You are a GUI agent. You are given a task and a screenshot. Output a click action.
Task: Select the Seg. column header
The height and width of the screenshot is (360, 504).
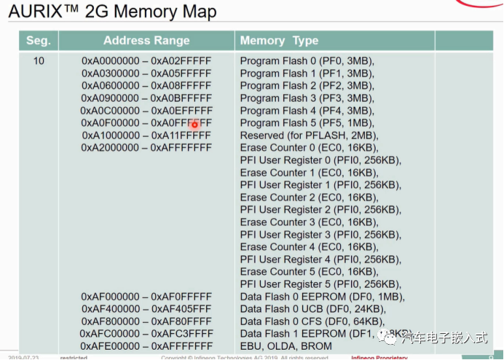(x=39, y=41)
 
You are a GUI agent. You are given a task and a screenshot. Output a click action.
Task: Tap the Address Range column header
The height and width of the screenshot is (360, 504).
(x=146, y=41)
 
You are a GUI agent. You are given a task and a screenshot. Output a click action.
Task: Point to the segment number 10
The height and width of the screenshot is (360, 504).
(x=39, y=61)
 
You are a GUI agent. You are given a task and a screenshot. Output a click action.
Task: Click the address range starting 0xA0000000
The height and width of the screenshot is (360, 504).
(x=146, y=61)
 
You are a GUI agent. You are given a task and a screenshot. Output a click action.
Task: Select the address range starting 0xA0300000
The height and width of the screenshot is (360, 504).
(x=146, y=74)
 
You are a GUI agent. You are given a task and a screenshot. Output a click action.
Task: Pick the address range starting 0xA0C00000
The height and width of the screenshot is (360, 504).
(x=146, y=111)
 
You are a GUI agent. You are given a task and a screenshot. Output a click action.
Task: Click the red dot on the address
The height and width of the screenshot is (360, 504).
(x=194, y=125)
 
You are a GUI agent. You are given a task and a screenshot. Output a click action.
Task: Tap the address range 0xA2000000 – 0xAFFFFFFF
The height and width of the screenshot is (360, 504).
(x=146, y=148)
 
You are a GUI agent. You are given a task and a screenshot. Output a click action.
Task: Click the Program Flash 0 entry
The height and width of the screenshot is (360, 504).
(x=307, y=61)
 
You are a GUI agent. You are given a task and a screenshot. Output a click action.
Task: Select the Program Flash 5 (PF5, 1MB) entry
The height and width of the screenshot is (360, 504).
(x=307, y=123)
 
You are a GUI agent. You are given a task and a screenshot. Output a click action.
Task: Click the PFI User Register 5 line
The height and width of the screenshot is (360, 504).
(x=320, y=284)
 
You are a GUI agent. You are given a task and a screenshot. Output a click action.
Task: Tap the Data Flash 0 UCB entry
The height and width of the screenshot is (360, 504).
(x=312, y=309)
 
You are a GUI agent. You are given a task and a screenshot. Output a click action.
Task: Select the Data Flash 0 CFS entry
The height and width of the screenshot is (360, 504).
(x=312, y=321)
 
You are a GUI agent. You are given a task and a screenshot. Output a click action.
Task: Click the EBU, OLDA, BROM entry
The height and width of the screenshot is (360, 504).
(x=287, y=346)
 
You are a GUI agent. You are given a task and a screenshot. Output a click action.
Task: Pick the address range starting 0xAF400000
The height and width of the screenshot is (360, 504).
(x=146, y=309)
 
